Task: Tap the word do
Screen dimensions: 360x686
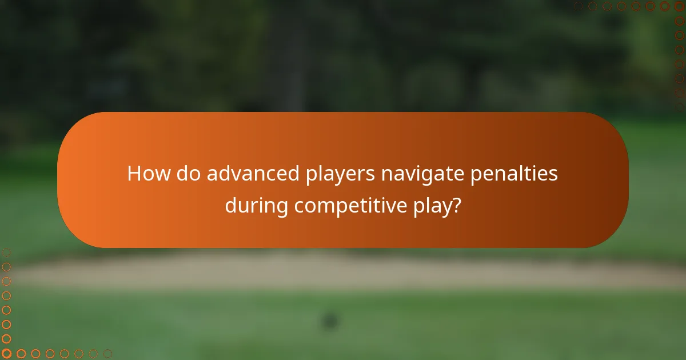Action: point(188,173)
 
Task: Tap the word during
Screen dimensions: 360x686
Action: point(256,206)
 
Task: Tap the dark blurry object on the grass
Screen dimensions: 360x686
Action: point(330,321)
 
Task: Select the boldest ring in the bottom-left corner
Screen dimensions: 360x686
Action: point(7,354)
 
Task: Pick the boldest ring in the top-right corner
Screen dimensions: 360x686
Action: point(679,6)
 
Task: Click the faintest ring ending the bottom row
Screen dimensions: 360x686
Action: point(107,354)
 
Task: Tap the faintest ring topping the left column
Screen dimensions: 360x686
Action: point(7,252)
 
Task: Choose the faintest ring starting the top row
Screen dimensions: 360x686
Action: point(579,6)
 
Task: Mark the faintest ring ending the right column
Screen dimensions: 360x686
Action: point(679,107)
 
